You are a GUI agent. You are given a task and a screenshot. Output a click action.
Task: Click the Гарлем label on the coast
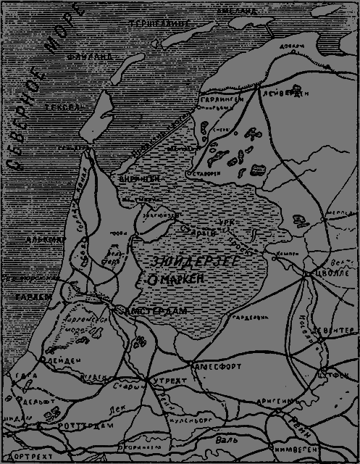[x=30, y=297]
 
